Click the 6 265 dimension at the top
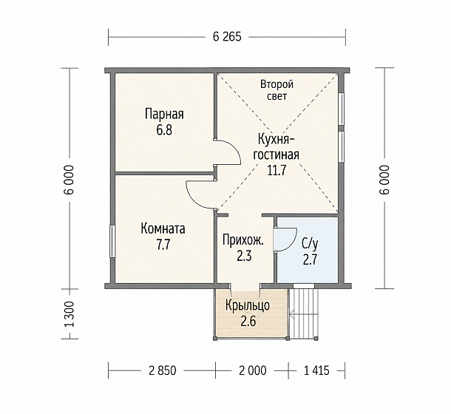(x=227, y=37)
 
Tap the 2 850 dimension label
(x=162, y=370)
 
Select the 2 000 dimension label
(x=253, y=370)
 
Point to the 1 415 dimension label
(x=316, y=370)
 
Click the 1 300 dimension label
(x=70, y=314)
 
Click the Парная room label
(x=164, y=114)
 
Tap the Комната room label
(x=163, y=229)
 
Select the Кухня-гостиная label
(x=276, y=147)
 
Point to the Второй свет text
(x=277, y=90)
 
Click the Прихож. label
(x=243, y=240)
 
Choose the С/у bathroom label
(x=310, y=245)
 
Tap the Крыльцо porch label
(x=248, y=305)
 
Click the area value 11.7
(x=277, y=171)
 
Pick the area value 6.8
(x=164, y=130)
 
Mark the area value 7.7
(x=163, y=245)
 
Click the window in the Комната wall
(x=112, y=241)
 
